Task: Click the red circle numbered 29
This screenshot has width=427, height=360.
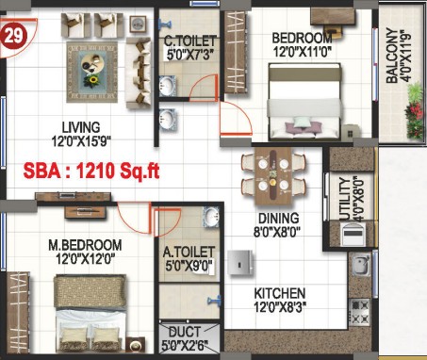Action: coord(13,36)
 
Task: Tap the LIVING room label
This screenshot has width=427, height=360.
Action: coord(81,127)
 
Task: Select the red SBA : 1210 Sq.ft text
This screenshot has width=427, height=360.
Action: coord(91,172)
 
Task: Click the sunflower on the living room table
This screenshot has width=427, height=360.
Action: coord(92,81)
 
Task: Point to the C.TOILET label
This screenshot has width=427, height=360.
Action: coord(190,41)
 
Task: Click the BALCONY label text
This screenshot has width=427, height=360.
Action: coord(391,56)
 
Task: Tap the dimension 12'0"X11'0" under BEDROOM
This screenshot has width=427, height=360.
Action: coord(303,52)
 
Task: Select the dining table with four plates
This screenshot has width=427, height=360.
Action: coord(273,175)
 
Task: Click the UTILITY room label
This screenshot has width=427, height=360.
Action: coord(345,199)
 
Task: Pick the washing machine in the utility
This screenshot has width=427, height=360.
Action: coord(353,234)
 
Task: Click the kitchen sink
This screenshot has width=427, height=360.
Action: coord(360,266)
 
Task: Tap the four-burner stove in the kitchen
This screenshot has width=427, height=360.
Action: coord(359,312)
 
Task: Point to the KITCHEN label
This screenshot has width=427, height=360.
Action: coord(279,293)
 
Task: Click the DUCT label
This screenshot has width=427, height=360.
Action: coord(185,332)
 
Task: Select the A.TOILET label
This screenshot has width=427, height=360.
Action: coord(189,252)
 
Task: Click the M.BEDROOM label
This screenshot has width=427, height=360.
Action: coord(85,245)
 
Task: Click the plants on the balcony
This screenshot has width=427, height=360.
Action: coord(415,110)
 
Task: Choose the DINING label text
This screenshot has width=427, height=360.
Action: coord(279,219)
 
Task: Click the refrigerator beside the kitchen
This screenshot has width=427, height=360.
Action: coord(240,263)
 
